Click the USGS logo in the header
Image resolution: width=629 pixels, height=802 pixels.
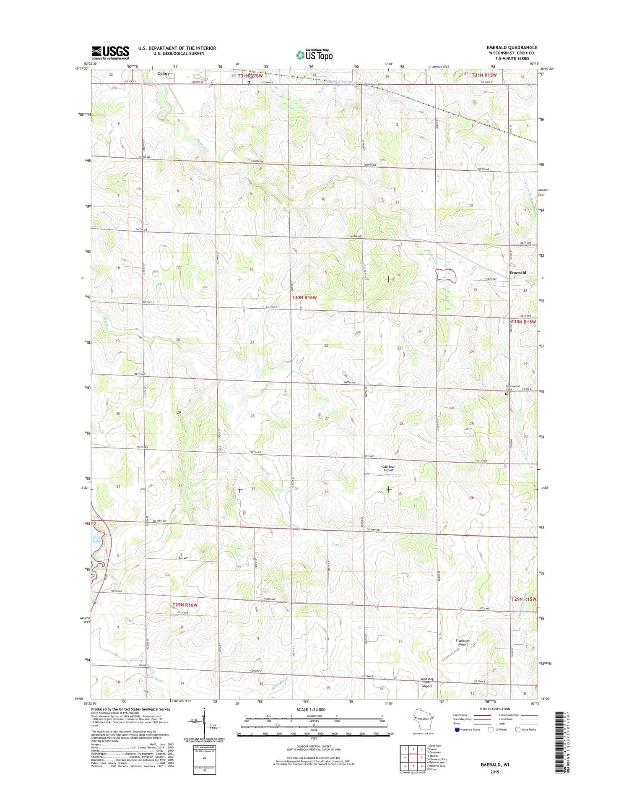point(111,52)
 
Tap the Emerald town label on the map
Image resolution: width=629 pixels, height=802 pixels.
point(517,273)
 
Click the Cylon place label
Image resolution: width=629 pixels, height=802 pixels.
point(163,73)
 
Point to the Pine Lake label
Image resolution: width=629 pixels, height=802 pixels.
point(97,539)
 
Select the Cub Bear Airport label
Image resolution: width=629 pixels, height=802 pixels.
point(388,468)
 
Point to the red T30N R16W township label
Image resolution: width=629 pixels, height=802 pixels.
point(304,297)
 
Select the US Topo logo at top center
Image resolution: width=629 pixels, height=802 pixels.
point(314,55)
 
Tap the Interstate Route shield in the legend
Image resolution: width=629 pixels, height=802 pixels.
point(457,729)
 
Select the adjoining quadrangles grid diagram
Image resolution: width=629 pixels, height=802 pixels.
point(412,758)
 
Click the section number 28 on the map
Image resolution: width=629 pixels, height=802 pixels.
point(252,416)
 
